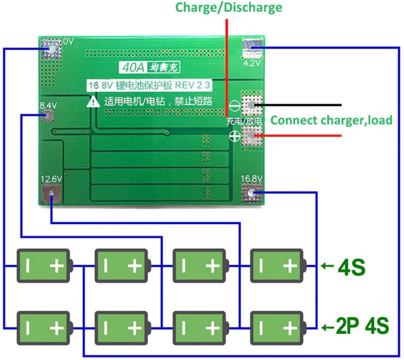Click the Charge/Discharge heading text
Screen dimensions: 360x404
click(229, 8)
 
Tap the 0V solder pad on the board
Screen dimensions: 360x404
click(50, 48)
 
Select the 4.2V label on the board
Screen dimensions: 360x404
click(251, 63)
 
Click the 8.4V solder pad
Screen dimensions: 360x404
click(48, 115)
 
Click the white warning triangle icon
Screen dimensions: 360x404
click(93, 102)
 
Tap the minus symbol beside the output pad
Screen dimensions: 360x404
click(234, 106)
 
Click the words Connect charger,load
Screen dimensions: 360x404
click(332, 120)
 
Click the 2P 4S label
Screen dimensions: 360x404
click(362, 326)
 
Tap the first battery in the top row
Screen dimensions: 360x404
click(44, 266)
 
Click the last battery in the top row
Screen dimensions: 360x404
click(278, 266)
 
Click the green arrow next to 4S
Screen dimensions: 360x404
click(327, 266)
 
